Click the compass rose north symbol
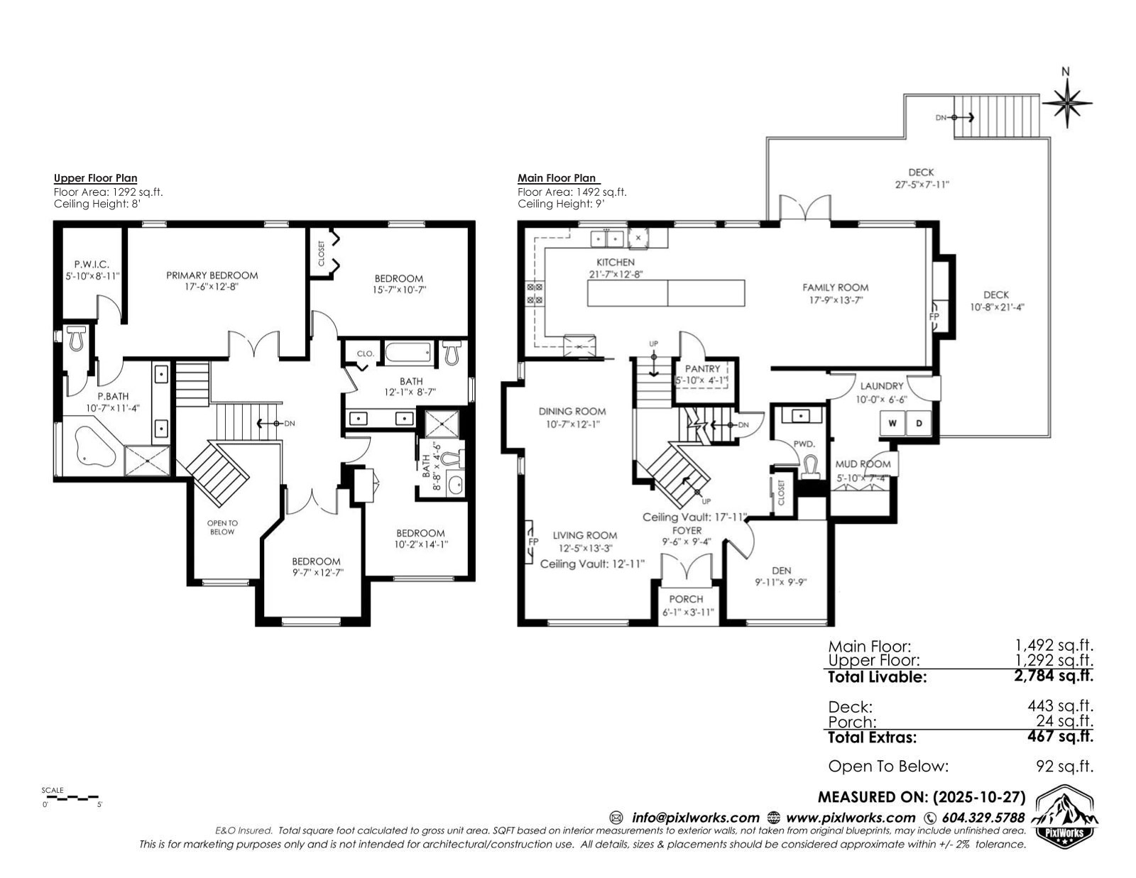(1066, 104)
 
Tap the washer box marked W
(892, 423)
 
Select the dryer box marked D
(919, 423)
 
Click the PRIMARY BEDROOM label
(212, 275)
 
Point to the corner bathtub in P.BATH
(94, 446)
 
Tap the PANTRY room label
(703, 368)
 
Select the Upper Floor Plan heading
(96, 178)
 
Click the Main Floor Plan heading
(557, 178)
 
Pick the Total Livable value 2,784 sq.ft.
(1054, 676)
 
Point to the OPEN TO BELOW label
(222, 527)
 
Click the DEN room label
(782, 571)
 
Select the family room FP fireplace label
(934, 316)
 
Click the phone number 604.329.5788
(983, 818)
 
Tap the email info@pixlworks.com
(695, 818)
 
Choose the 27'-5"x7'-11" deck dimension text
(922, 185)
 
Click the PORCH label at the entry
(686, 599)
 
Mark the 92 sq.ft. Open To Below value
(1064, 766)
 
